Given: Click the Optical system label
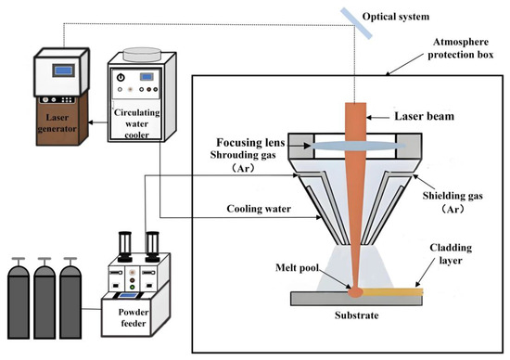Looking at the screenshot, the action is (396, 17).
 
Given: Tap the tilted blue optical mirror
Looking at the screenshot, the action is (356, 23).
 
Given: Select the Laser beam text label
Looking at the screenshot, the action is (424, 116).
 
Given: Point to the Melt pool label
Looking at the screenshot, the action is (297, 267).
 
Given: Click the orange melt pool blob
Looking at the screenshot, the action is (356, 292).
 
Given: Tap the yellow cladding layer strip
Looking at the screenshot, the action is (393, 291).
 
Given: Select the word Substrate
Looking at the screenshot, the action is (356, 315).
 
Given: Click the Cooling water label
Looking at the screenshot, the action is (259, 209).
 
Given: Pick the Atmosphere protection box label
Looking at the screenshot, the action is (460, 48).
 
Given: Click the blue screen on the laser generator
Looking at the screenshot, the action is (63, 71).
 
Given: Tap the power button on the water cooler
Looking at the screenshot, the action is (121, 77).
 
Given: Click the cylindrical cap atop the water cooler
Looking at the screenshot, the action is (142, 54).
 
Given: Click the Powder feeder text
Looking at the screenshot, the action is (133, 317).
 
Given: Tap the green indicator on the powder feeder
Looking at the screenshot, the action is (132, 287).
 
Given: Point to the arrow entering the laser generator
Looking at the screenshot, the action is (97, 122).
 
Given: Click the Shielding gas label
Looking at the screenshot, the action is (453, 202).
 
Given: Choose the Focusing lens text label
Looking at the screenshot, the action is (250, 143).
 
